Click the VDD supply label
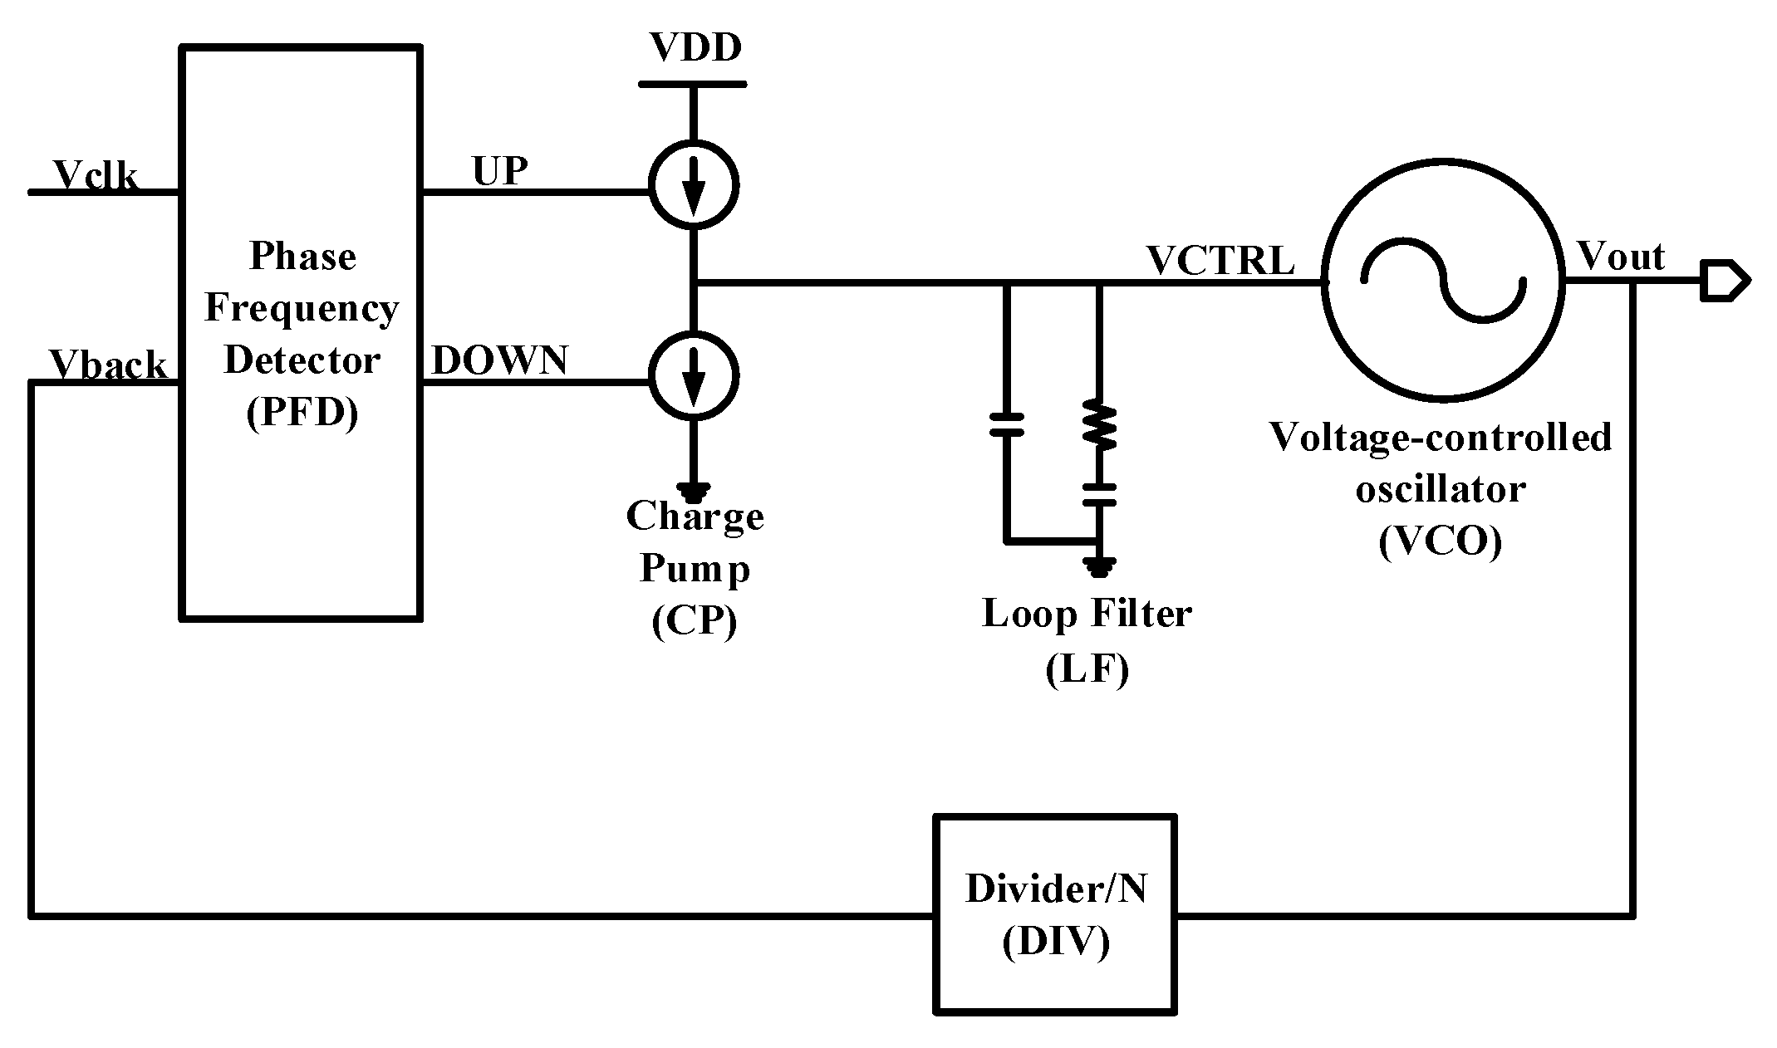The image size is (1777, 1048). click(x=695, y=48)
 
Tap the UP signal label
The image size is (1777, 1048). click(x=500, y=171)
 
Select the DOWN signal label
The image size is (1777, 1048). click(x=500, y=360)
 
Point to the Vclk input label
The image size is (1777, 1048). click(x=96, y=175)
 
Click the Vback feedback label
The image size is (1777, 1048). click(x=108, y=365)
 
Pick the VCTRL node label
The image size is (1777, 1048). click(x=1220, y=260)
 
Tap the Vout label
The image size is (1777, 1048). click(x=1620, y=257)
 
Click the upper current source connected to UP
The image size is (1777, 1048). click(x=693, y=184)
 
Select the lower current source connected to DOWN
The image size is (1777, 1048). click(x=693, y=375)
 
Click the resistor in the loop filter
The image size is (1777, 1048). click(x=1099, y=426)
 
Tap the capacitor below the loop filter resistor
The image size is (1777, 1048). click(x=1099, y=496)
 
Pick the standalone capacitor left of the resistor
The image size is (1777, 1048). click(x=1007, y=424)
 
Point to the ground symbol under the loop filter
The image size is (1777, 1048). click(x=1099, y=566)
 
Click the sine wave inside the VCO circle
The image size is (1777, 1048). click(x=1442, y=282)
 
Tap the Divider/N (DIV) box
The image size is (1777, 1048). click(x=1055, y=914)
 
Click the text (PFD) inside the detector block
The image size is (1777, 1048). click(x=302, y=412)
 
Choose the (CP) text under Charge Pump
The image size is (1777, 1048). click(x=695, y=622)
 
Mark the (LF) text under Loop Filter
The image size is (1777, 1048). click(x=1087, y=668)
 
